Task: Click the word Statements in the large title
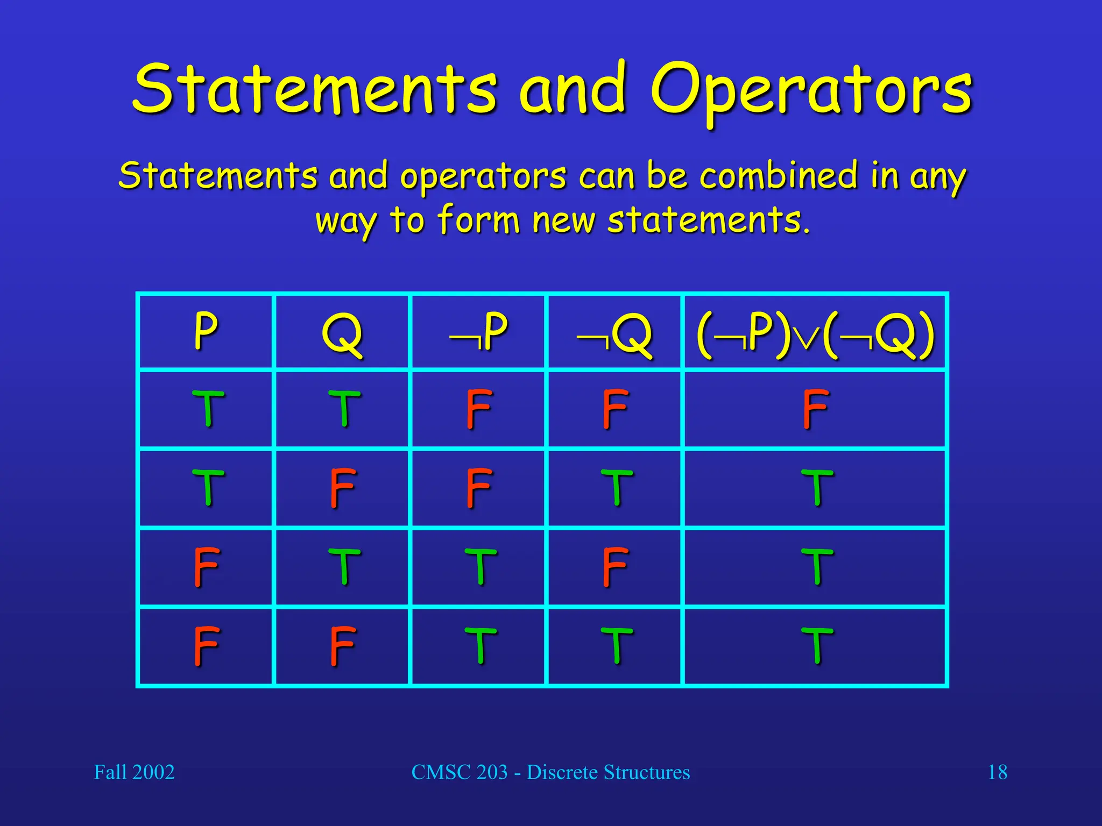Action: click(x=315, y=89)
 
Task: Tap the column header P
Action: click(x=206, y=331)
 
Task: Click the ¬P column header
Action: click(x=478, y=331)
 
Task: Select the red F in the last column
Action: click(x=815, y=409)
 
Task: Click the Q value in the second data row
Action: click(x=343, y=488)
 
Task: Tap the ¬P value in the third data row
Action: click(x=479, y=566)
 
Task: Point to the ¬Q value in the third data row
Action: click(x=615, y=566)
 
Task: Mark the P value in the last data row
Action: click(x=207, y=645)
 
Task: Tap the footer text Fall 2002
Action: click(x=134, y=772)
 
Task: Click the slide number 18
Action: click(x=997, y=772)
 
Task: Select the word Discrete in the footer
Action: click(x=562, y=772)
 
